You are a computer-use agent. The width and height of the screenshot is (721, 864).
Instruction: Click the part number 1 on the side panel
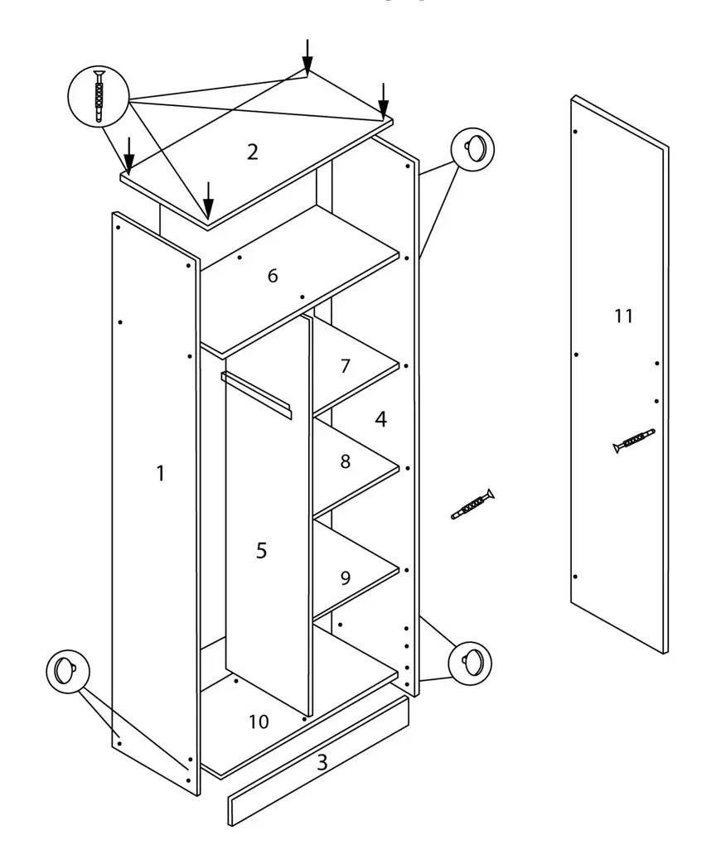pyautogui.click(x=161, y=473)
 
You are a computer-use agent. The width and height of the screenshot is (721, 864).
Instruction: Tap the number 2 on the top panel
pyautogui.click(x=253, y=152)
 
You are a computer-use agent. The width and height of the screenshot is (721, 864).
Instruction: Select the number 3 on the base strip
pyautogui.click(x=322, y=763)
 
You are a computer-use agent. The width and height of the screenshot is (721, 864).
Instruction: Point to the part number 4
pyautogui.click(x=380, y=419)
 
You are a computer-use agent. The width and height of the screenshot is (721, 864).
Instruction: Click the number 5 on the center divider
pyautogui.click(x=262, y=550)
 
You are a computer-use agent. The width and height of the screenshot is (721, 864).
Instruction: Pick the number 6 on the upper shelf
pyautogui.click(x=273, y=276)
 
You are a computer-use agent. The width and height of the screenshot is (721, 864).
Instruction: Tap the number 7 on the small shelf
pyautogui.click(x=346, y=366)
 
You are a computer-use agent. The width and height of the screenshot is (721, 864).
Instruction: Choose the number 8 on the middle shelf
pyautogui.click(x=346, y=461)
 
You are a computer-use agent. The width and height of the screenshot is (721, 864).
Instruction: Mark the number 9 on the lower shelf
pyautogui.click(x=346, y=577)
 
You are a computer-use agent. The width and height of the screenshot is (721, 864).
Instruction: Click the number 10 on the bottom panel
pyautogui.click(x=259, y=722)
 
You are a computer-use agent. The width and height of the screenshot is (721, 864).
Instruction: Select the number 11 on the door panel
pyautogui.click(x=624, y=316)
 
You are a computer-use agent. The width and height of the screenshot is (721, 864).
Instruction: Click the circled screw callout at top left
pyautogui.click(x=99, y=96)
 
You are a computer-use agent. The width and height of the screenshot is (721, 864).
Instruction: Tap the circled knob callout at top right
pyautogui.click(x=472, y=149)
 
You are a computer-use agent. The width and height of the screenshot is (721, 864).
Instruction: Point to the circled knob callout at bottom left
pyautogui.click(x=68, y=670)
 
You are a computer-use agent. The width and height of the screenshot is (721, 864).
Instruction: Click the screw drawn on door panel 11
pyautogui.click(x=634, y=440)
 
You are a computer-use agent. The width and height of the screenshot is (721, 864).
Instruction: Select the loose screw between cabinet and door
pyautogui.click(x=473, y=504)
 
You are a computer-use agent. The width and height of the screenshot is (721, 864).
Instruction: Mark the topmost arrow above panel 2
pyautogui.click(x=307, y=56)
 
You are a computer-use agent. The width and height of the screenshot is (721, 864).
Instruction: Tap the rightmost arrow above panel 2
pyautogui.click(x=383, y=99)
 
